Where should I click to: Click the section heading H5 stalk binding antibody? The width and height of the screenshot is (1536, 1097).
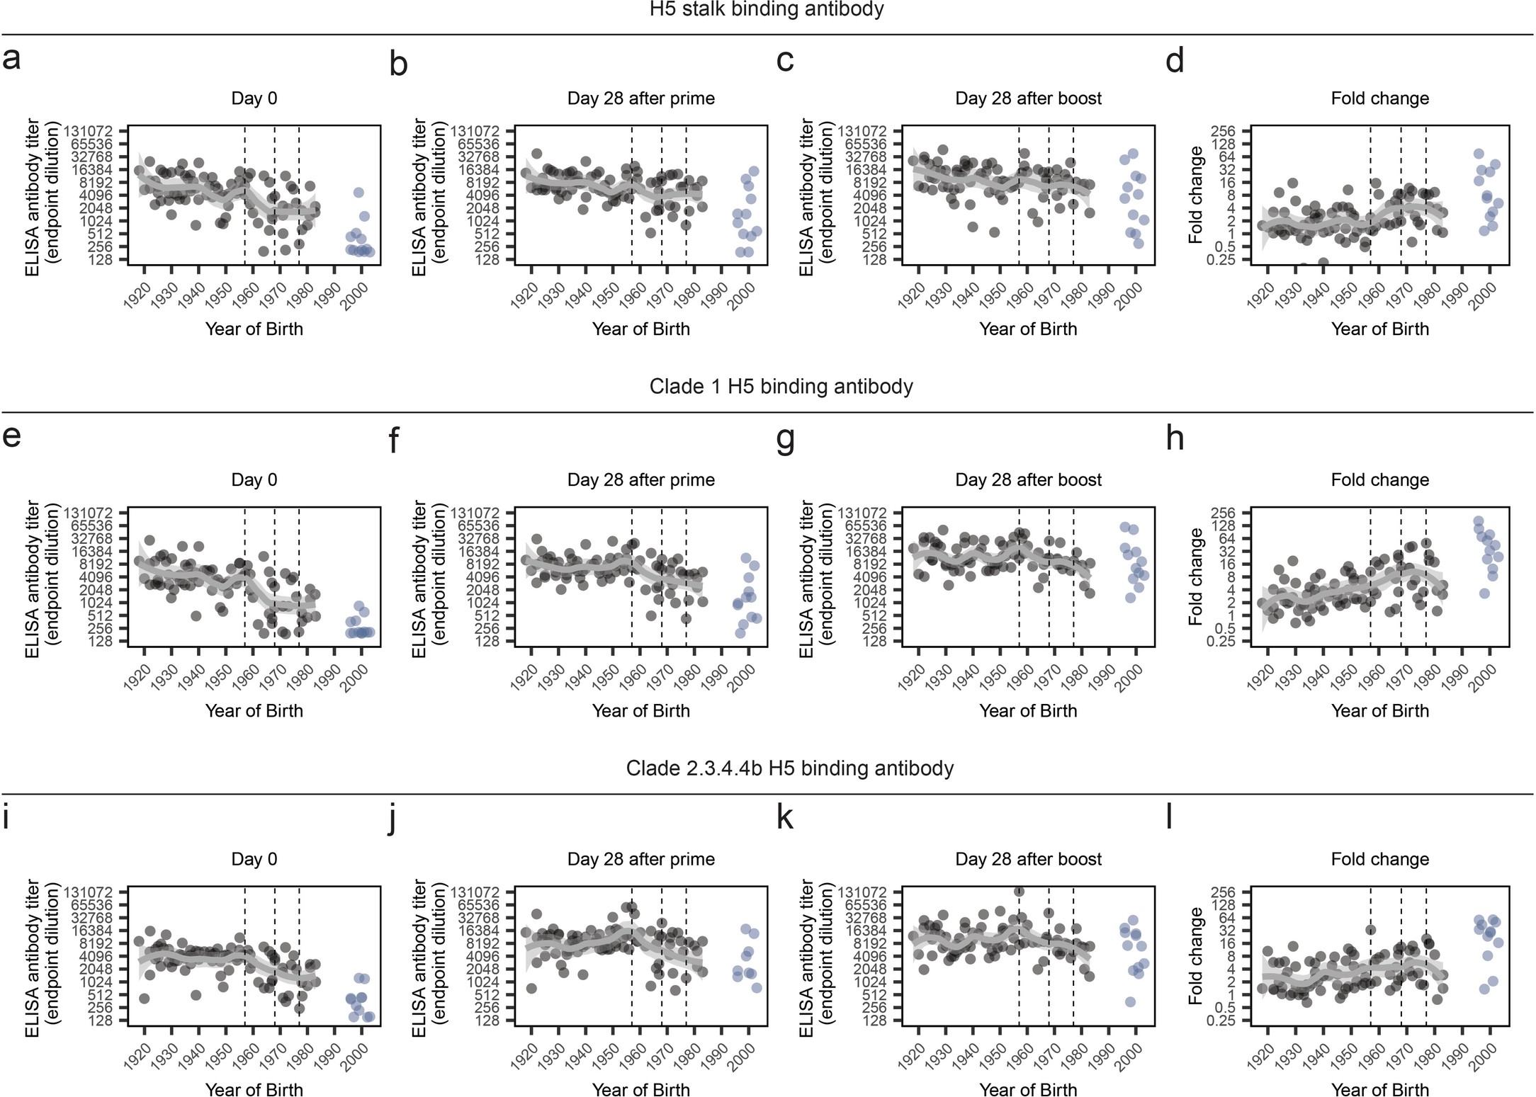[x=767, y=9]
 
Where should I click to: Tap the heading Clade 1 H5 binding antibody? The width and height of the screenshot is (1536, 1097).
[x=781, y=387]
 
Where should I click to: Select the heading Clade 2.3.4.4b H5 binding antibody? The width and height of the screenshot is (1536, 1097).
[x=789, y=768]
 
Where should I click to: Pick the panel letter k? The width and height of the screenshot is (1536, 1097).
[x=784, y=818]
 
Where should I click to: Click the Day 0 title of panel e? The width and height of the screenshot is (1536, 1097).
[x=254, y=480]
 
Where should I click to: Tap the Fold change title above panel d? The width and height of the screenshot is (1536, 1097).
[x=1379, y=98]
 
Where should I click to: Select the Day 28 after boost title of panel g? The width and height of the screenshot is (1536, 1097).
[x=1028, y=480]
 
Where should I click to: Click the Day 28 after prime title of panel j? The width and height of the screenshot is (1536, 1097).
[x=640, y=860]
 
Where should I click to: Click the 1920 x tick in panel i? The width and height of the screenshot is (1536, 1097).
[x=135, y=1057]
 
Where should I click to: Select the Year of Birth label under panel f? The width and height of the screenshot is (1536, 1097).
[x=640, y=711]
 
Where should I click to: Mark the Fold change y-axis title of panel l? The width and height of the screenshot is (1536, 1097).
[x=1196, y=956]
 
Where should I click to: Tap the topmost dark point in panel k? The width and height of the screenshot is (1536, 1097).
[x=1019, y=892]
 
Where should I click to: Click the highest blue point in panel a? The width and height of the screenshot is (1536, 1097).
[x=358, y=193]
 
